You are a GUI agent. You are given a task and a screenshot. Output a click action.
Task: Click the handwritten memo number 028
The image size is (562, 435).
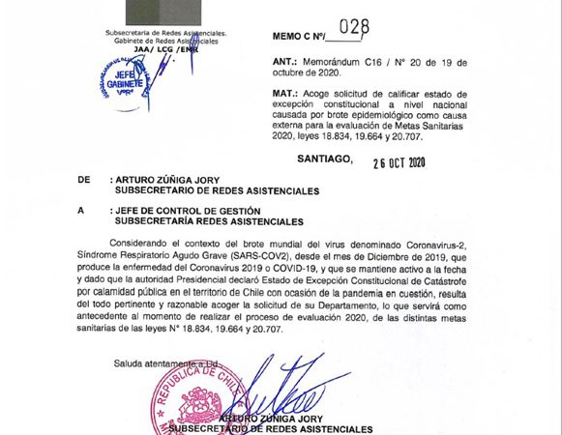coord(354,29)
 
